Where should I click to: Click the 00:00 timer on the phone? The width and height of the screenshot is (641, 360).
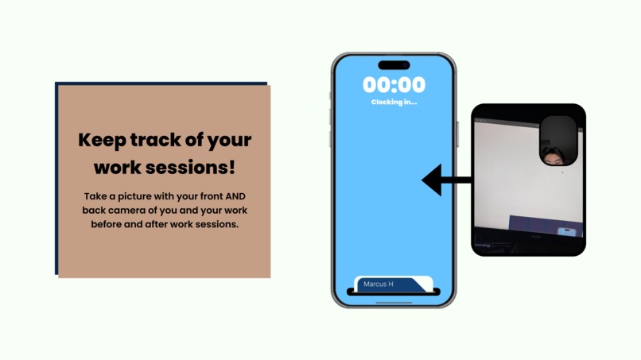pos(394,85)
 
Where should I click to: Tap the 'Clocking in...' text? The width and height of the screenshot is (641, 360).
pos(394,102)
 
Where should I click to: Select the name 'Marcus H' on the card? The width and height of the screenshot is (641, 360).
pos(379,284)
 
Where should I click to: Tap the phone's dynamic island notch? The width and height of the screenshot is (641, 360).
pos(394,65)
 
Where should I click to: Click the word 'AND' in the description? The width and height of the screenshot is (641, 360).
pos(237,195)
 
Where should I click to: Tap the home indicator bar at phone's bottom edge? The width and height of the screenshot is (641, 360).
pos(394,302)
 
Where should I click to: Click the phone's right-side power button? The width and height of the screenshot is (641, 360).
pos(458,134)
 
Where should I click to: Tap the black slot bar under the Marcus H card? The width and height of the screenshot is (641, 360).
pos(394,292)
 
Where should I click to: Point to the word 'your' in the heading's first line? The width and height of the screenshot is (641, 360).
pos(231,141)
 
